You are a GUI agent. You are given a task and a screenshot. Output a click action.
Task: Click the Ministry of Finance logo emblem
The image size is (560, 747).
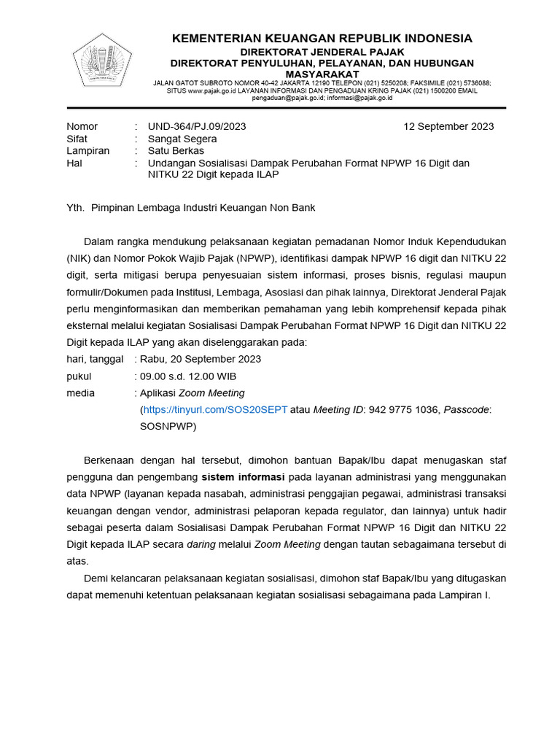point(101,61)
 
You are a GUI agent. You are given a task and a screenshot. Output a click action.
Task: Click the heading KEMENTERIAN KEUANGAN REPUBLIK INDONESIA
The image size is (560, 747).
point(322,38)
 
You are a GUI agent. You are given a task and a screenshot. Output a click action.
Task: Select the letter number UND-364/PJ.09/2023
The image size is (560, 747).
point(197,126)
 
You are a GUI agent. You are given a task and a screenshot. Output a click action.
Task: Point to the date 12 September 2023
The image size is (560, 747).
point(448,126)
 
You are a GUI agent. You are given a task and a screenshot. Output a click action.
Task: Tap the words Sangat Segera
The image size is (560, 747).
point(182,139)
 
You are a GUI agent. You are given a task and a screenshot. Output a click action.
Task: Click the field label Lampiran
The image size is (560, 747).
point(88,151)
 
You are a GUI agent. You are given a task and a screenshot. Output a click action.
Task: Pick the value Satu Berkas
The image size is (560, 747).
point(176,151)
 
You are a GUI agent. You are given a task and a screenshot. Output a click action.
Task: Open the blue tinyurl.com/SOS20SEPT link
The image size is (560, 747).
point(215,410)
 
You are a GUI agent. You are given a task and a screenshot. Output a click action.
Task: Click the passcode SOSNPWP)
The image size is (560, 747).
point(168,427)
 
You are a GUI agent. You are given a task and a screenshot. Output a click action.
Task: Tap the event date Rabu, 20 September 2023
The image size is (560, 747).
point(201,359)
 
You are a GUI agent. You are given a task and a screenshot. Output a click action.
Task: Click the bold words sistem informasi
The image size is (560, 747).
point(244,478)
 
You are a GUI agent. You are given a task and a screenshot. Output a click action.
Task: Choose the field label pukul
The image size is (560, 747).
point(79,376)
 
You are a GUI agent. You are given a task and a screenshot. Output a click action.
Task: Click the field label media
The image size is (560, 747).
point(80,393)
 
